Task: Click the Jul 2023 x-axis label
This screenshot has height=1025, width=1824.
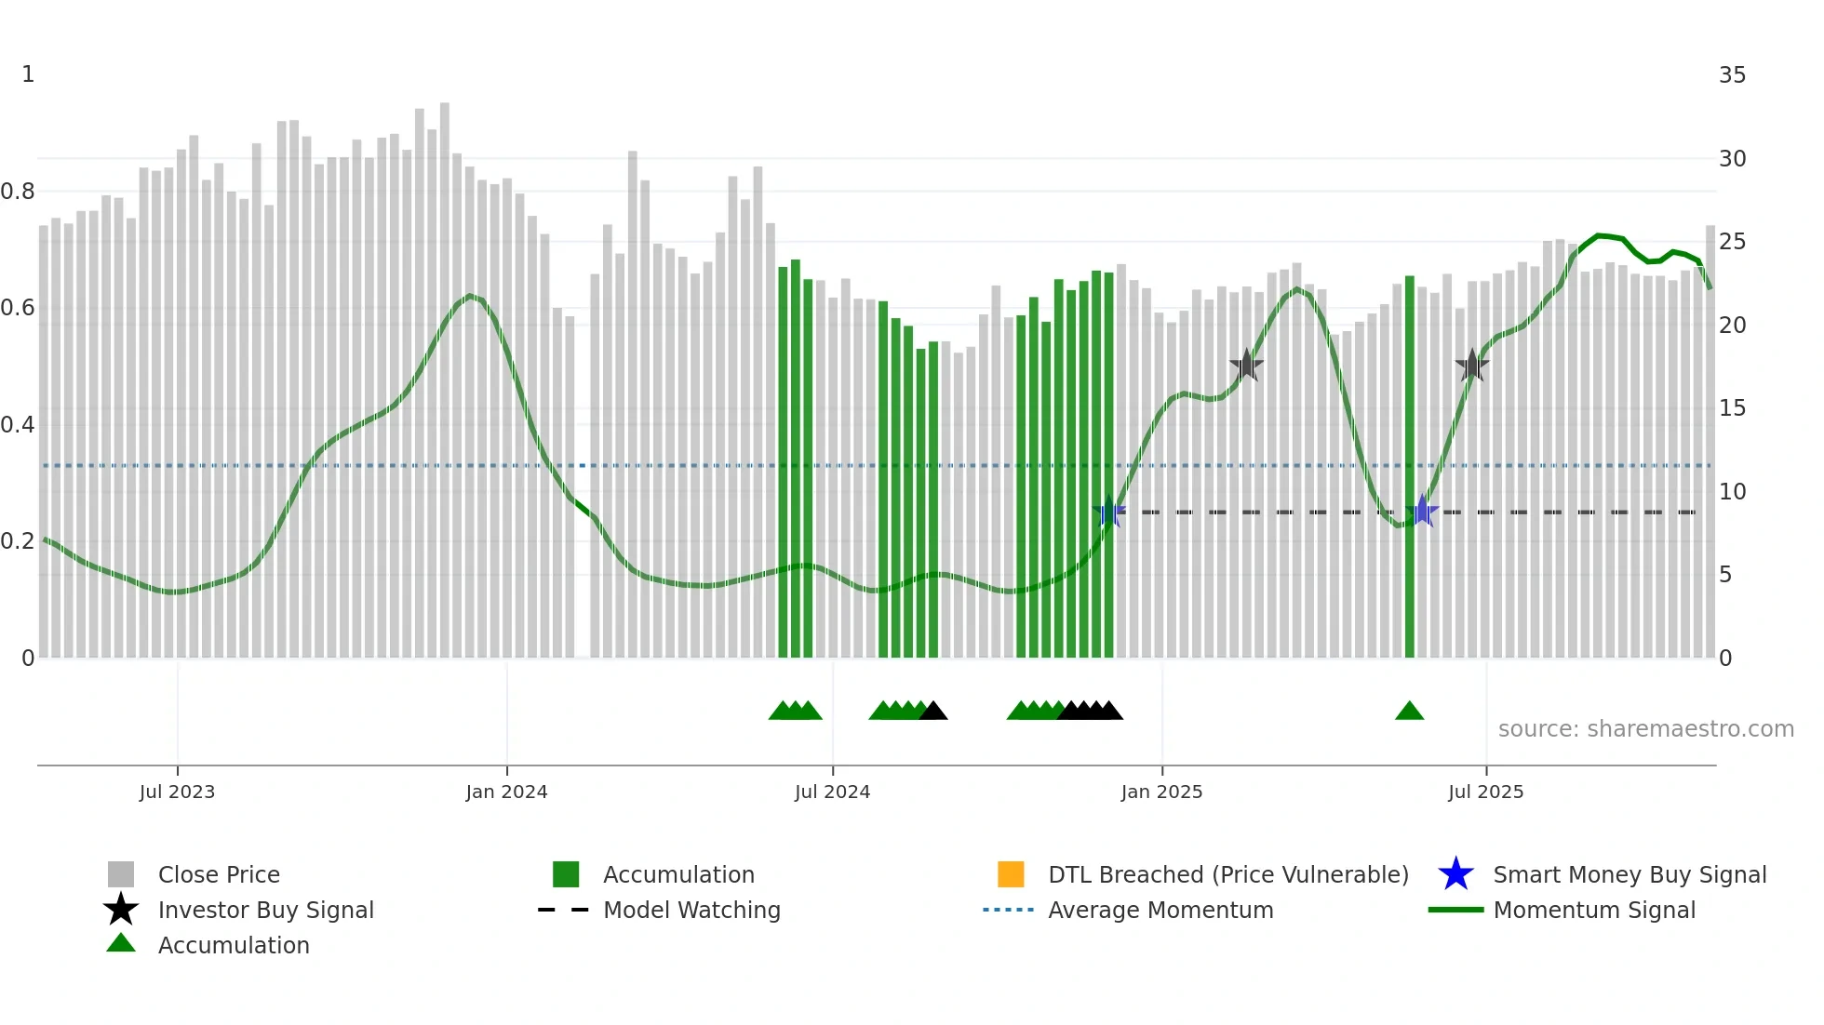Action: pos(177,792)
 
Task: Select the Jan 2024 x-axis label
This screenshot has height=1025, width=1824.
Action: pos(506,792)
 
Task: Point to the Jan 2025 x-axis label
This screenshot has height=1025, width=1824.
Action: pos(1161,792)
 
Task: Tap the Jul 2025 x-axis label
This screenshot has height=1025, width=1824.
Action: pos(1485,792)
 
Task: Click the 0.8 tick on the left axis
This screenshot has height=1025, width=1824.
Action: pos(18,192)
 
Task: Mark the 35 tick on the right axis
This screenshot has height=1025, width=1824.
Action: pos(1732,75)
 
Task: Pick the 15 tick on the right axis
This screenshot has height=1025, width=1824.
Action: pos(1732,408)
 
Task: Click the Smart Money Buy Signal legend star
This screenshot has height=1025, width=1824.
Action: pos(1455,874)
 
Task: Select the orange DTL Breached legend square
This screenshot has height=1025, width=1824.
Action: pos(1011,874)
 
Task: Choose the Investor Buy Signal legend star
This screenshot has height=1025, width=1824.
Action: pos(121,910)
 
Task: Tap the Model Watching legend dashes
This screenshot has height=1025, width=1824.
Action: pos(563,910)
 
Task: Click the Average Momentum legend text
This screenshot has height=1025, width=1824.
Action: pos(1160,910)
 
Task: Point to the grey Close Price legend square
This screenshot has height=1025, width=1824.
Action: pos(121,874)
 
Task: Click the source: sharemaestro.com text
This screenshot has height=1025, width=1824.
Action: pos(1645,729)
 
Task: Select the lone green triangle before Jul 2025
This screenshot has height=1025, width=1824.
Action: pos(1409,712)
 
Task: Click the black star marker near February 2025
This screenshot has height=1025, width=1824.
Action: pos(1246,366)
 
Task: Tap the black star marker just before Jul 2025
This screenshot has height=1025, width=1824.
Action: pos(1472,366)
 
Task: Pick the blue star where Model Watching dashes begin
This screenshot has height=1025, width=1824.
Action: pos(1108,512)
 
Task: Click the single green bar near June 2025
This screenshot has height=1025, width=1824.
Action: pos(1410,465)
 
